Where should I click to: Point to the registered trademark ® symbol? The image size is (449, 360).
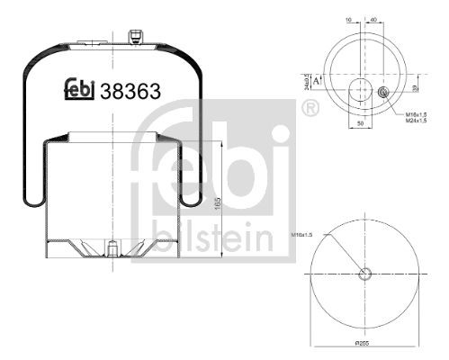click(310, 108)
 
